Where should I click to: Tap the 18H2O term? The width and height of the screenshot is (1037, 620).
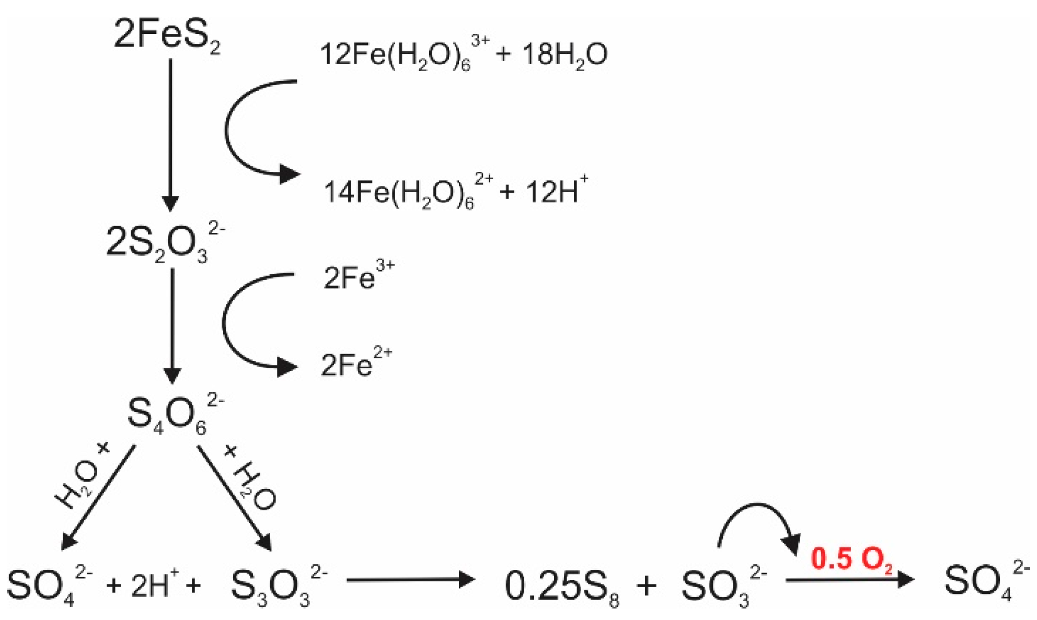pyautogui.click(x=564, y=54)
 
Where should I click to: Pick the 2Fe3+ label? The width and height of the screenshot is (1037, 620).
pyautogui.click(x=359, y=277)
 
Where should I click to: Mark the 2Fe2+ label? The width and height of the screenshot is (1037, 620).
pyautogui.click(x=356, y=364)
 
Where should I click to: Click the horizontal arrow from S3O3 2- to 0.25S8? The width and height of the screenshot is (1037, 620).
pyautogui.click(x=410, y=579)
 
